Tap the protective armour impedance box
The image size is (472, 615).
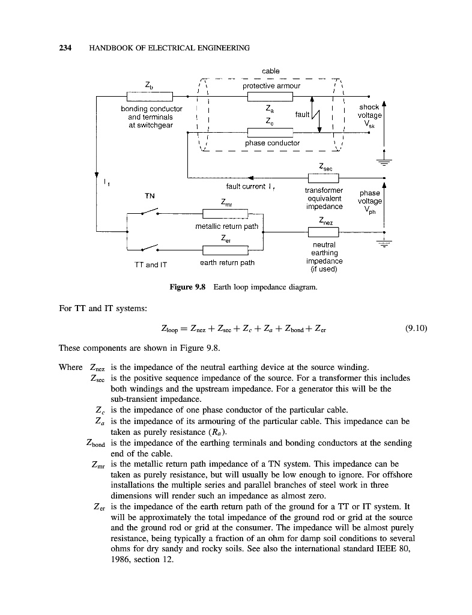pyautogui.click(x=270, y=96)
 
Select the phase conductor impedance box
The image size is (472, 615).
pyautogui.click(x=270, y=133)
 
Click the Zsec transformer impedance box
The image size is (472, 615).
pyautogui.click(x=323, y=177)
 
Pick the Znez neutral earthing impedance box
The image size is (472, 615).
pyautogui.click(x=323, y=231)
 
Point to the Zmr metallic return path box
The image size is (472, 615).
pyautogui.click(x=225, y=213)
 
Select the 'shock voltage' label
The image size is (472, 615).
pyautogui.click(x=369, y=112)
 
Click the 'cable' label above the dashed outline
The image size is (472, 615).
pyautogui.click(x=270, y=71)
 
